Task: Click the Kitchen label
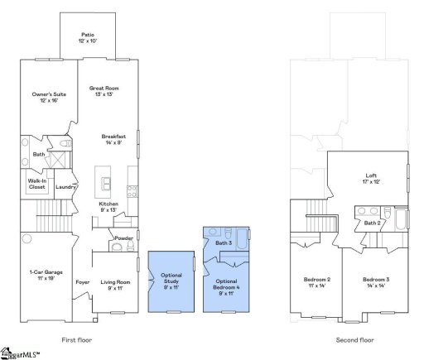110,206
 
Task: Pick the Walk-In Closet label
36,183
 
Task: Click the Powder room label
124,238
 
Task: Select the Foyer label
83,282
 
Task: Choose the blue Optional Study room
171,281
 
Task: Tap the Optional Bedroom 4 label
226,286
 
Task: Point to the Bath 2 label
373,223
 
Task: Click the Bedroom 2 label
317,282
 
